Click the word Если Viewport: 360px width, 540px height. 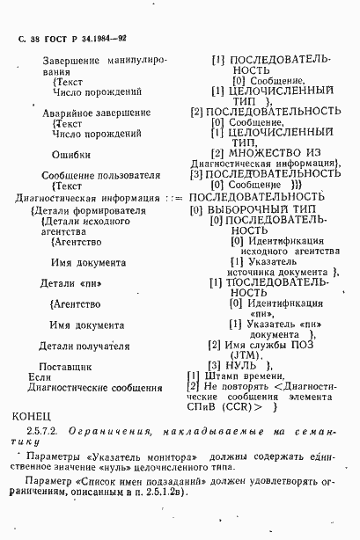click(x=40, y=376)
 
